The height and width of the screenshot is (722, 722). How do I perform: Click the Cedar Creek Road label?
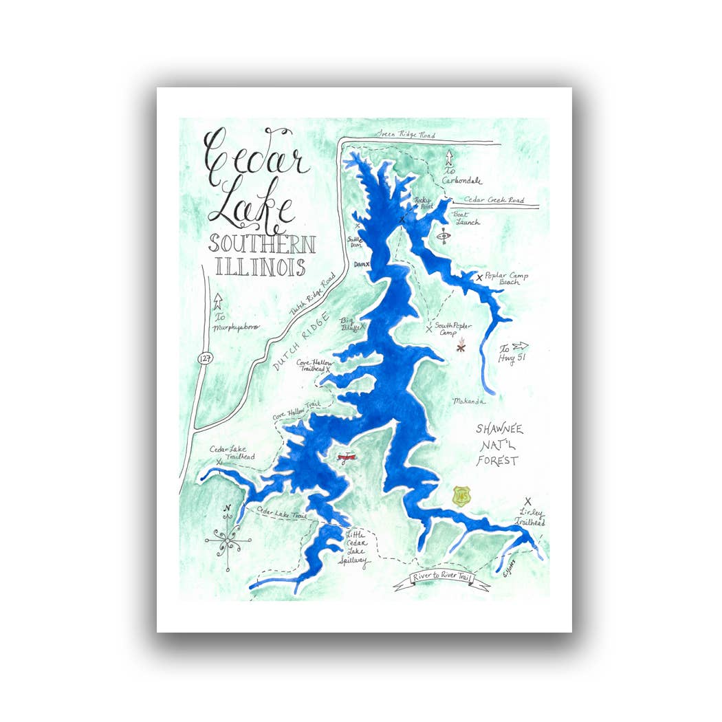pos(494,200)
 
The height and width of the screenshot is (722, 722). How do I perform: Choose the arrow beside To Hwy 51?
pos(520,346)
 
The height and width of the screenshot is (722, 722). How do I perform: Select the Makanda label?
pos(469,401)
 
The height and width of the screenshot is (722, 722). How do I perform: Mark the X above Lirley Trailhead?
pos(528,501)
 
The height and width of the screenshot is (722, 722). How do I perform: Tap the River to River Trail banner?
pos(441,579)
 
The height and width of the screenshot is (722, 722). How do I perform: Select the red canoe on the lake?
pos(348,457)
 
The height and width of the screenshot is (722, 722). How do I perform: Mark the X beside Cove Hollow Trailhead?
pos(328,369)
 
